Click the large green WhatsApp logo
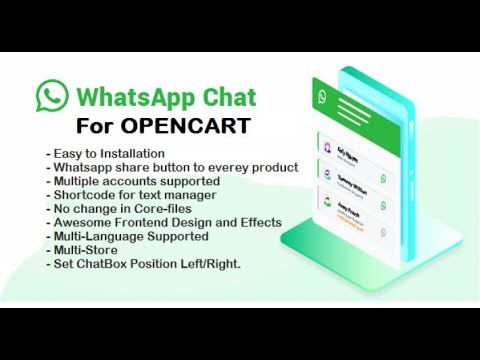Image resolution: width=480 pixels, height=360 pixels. click(x=52, y=97)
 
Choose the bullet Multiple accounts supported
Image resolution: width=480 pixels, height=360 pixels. click(x=133, y=181)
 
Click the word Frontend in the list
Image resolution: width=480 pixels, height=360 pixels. click(x=147, y=223)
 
